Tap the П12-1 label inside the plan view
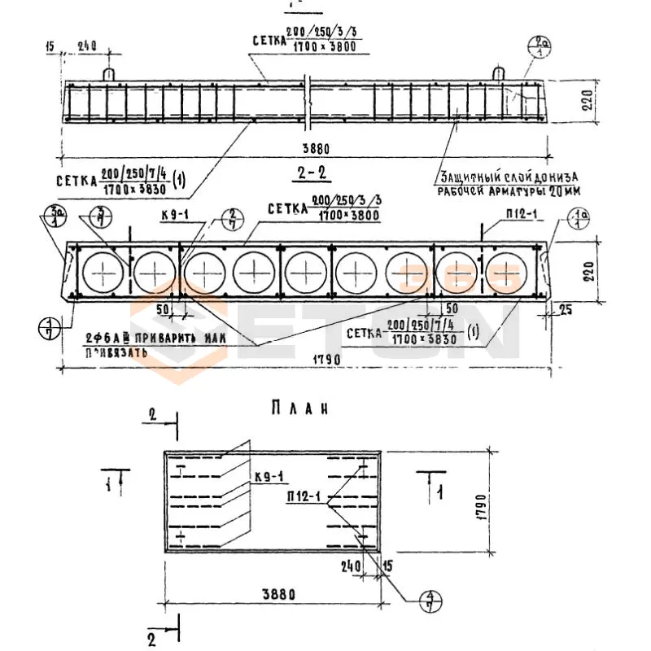[304, 496]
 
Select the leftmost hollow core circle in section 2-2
[104, 272]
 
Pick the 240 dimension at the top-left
[88, 46]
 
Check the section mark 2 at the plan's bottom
[151, 634]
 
